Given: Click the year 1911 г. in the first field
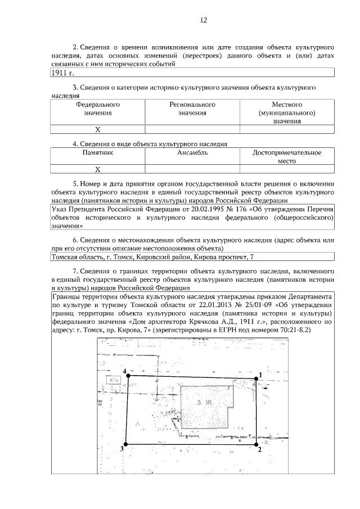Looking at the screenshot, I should (x=62, y=73).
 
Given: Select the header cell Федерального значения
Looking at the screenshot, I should (x=98, y=109).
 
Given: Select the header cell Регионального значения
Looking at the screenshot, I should (x=192, y=109).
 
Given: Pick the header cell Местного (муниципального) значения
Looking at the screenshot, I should (x=287, y=112).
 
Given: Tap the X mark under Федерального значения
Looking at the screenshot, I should (x=98, y=129).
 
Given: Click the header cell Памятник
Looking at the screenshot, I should (x=98, y=152).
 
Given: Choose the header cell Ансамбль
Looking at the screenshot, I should (x=192, y=152).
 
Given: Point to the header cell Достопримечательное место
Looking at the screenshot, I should (x=287, y=156).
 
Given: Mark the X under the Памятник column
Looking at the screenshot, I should (x=98, y=169).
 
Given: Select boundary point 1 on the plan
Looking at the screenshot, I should (x=256, y=379).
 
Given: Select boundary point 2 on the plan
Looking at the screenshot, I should (x=254, y=443).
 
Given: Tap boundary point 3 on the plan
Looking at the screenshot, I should (x=125, y=444).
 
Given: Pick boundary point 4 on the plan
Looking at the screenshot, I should (x=129, y=375).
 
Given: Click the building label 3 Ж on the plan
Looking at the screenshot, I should (x=203, y=403).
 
